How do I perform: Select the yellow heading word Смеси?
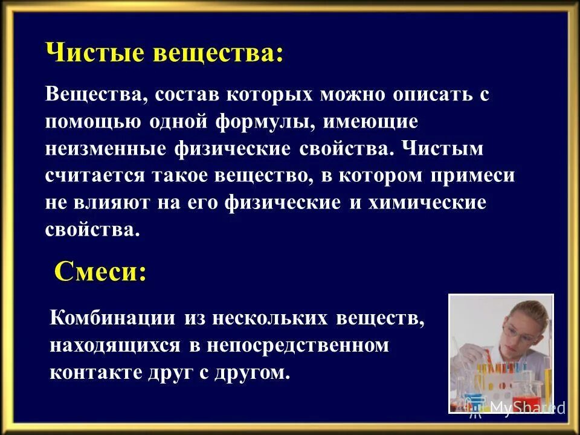point(100,271)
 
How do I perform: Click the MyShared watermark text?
point(527,407)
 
